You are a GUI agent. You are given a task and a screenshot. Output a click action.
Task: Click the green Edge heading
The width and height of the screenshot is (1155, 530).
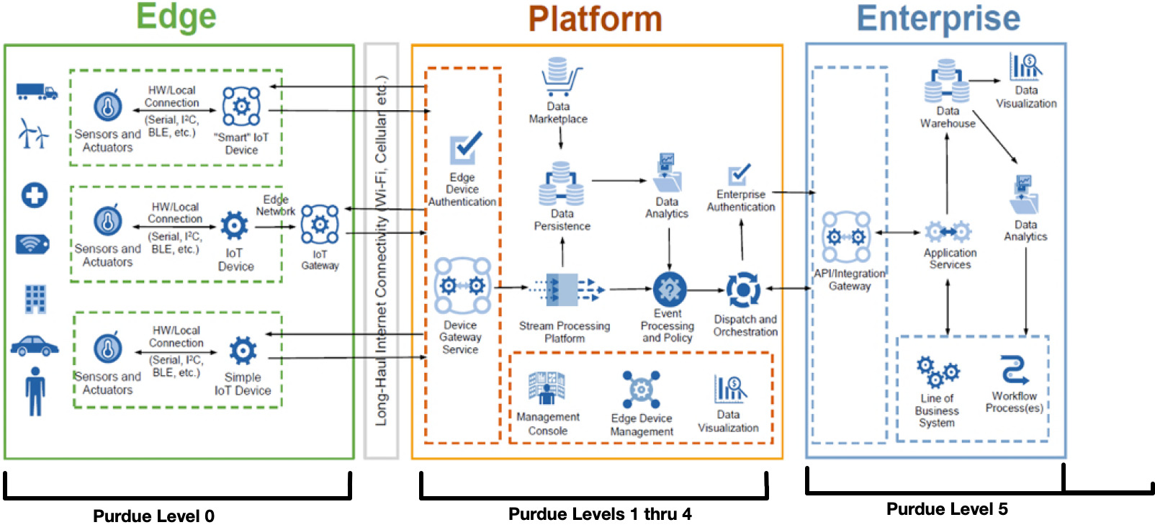176,17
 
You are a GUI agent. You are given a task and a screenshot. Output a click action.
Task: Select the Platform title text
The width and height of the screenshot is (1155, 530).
595,19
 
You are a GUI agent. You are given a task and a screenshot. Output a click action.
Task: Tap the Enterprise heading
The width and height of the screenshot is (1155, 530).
938,19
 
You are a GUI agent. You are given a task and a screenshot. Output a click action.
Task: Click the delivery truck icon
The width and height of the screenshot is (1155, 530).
36,91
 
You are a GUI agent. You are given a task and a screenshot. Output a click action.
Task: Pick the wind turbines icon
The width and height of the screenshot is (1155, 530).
33,134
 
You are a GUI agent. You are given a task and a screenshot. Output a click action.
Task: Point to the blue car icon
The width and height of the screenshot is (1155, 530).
35,346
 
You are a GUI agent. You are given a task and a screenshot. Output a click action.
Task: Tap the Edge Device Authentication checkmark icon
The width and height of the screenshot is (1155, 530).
465,148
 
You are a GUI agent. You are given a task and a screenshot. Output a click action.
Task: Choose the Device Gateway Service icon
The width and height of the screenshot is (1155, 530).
462,286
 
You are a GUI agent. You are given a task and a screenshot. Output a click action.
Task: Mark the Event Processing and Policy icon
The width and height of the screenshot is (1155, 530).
669,289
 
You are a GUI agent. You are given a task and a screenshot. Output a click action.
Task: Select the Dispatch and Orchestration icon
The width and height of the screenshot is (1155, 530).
743,289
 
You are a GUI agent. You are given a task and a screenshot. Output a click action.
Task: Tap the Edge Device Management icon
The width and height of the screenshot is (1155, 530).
641,389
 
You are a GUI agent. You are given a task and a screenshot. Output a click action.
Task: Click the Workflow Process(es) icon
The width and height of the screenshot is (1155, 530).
1014,369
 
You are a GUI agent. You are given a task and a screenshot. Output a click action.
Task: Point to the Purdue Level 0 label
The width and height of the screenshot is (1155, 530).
153,516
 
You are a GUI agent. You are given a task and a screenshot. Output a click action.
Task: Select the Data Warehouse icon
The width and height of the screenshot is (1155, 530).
946,81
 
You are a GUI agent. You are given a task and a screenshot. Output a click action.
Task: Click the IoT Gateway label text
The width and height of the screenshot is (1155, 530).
320,260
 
